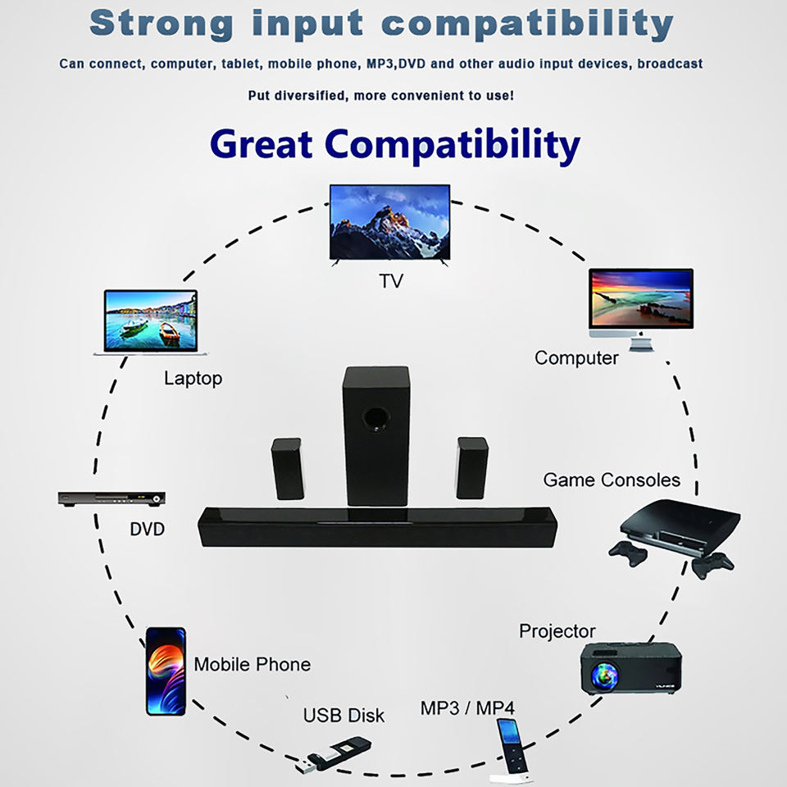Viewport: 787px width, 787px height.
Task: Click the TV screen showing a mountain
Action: pos(389,221)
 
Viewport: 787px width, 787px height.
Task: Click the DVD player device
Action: pos(111,498)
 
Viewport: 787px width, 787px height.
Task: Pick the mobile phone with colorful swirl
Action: pos(166,671)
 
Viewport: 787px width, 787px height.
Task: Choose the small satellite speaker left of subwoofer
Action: pos(287,468)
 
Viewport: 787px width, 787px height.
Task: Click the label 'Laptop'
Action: pos(193,378)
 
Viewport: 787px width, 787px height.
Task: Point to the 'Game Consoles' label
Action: pos(612,480)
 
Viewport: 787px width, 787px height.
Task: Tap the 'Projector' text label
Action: pos(557,631)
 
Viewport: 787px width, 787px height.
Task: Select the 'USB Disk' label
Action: pos(343,715)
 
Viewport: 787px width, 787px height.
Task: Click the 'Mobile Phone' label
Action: pos(252,664)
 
